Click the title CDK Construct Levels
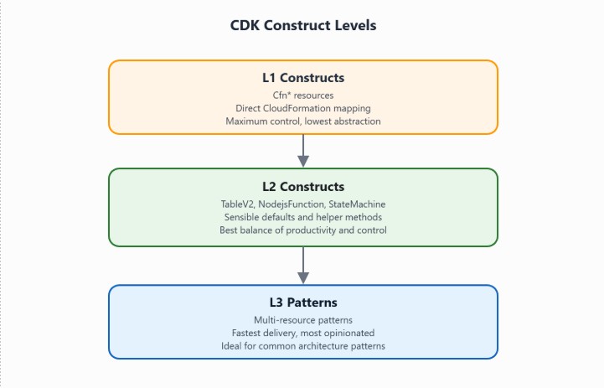point(303,25)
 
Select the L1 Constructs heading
point(303,78)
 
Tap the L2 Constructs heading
point(303,187)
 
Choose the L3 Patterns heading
point(303,303)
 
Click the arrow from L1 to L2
point(303,151)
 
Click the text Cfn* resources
point(303,95)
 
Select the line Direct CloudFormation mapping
point(303,107)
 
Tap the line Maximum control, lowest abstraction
point(303,121)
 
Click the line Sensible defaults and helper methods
point(303,216)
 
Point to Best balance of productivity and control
point(303,230)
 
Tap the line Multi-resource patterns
point(303,320)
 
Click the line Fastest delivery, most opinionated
point(303,333)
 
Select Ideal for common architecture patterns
point(303,346)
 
